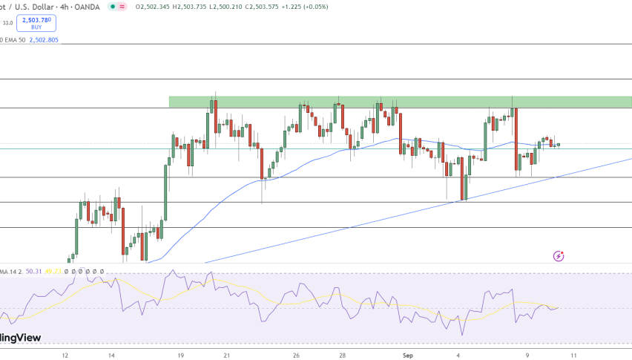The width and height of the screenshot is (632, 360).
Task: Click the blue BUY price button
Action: click(x=42, y=22)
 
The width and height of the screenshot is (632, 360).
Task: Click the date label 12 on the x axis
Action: click(x=65, y=354)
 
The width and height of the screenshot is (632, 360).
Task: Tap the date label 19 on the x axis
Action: click(x=181, y=354)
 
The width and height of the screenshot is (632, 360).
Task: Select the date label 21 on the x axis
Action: click(x=227, y=354)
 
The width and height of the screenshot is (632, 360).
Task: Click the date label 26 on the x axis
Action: click(x=296, y=354)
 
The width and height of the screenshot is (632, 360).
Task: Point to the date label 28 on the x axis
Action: click(x=342, y=354)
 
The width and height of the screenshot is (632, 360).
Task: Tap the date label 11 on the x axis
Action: click(x=571, y=354)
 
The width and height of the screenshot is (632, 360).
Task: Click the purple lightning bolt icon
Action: click(x=559, y=256)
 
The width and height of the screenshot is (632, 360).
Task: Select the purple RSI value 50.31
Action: click(x=33, y=272)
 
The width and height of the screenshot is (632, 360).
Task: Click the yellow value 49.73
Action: click(x=52, y=272)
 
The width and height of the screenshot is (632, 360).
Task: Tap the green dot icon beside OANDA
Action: click(x=110, y=7)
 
